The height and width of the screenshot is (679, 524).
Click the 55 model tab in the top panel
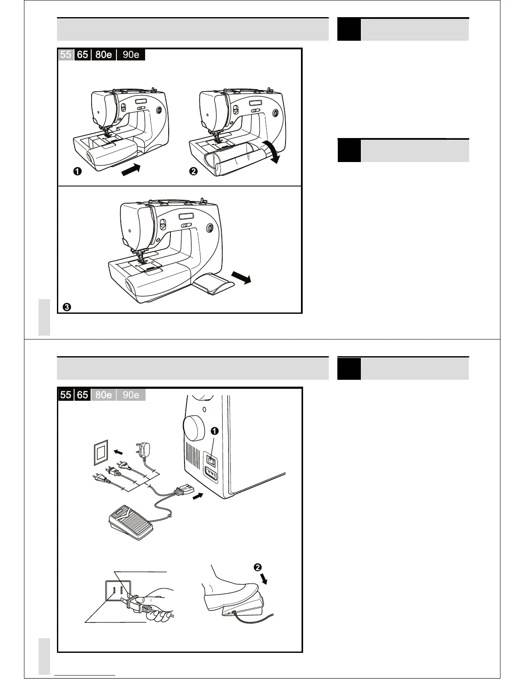pyautogui.click(x=65, y=54)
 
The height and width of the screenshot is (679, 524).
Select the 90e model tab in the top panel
pyautogui.click(x=131, y=54)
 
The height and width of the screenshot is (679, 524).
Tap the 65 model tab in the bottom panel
pyautogui.click(x=82, y=394)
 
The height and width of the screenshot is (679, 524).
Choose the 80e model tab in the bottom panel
pyautogui.click(x=103, y=394)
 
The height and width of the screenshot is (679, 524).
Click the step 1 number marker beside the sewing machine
pyautogui.click(x=77, y=171)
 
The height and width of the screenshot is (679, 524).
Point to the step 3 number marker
pyautogui.click(x=66, y=307)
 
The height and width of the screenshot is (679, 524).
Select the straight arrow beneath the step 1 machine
pyautogui.click(x=131, y=170)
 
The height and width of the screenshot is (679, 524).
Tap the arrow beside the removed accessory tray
pyautogui.click(x=241, y=278)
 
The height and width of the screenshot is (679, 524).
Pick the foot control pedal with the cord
pyautogui.click(x=132, y=517)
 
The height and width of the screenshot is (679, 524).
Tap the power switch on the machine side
pyautogui.click(x=211, y=460)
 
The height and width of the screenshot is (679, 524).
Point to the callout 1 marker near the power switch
pyautogui.click(x=215, y=431)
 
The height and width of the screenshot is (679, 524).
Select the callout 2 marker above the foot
pyautogui.click(x=258, y=567)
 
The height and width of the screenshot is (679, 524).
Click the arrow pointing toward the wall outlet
pyautogui.click(x=120, y=452)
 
